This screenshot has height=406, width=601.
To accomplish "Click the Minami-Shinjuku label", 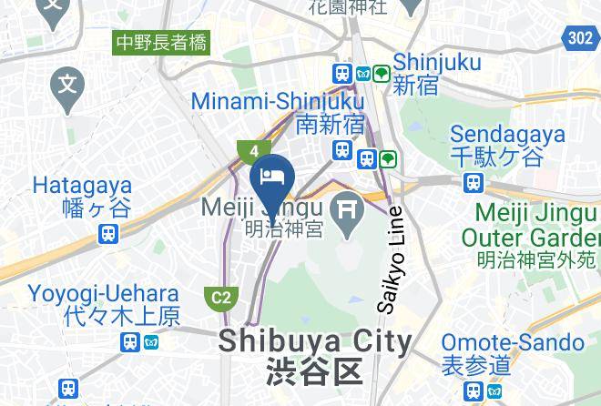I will (278, 102).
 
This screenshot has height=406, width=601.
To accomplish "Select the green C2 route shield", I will (221, 297).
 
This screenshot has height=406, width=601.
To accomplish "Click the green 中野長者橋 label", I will (161, 42).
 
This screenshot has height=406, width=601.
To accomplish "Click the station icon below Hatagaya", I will (108, 235).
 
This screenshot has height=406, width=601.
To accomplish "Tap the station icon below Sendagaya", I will (473, 182).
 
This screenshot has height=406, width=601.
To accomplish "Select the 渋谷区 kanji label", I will (315, 372).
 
